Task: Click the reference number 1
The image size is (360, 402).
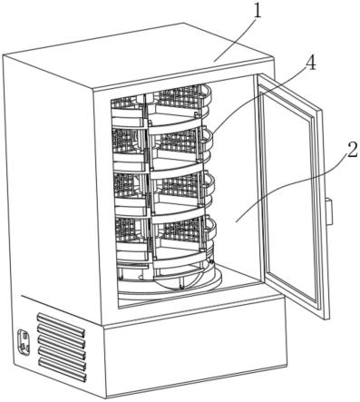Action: point(257,11)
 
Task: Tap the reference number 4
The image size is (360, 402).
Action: point(311,64)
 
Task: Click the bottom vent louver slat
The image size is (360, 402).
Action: point(63,369)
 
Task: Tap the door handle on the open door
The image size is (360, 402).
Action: point(329,211)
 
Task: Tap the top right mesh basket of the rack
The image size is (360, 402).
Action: point(180,97)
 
